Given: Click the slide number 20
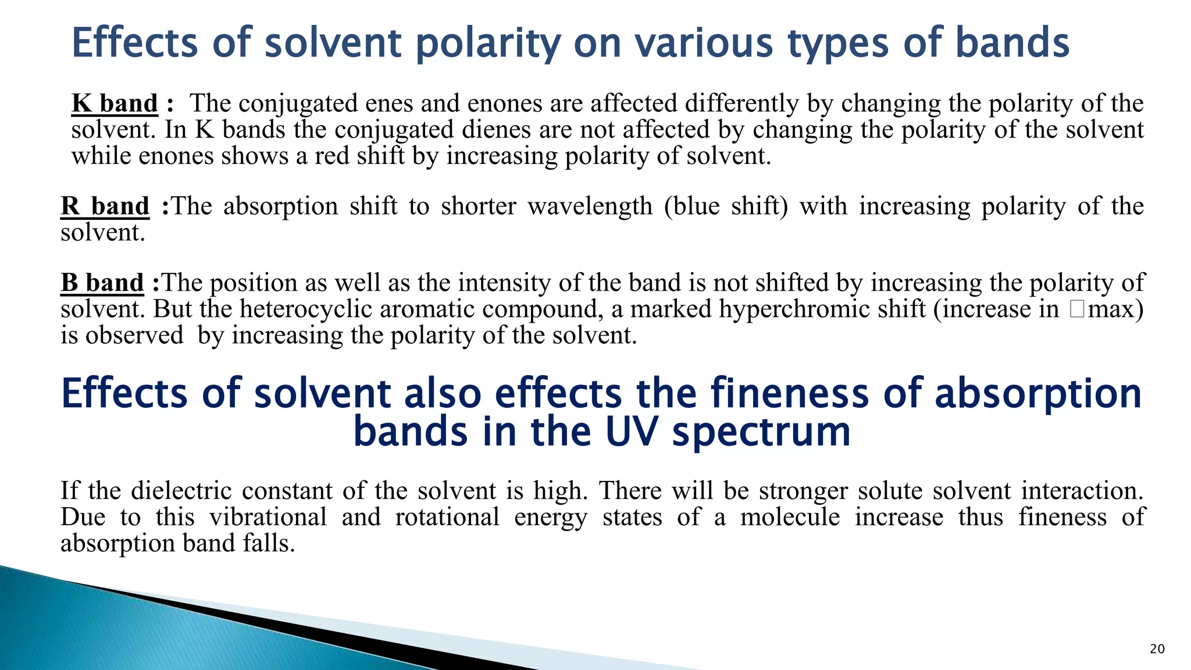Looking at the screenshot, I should [1157, 649].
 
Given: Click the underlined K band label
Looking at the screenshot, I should [115, 104].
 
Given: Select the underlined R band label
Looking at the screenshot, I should [105, 206].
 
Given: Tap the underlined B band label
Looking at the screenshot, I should [102, 283].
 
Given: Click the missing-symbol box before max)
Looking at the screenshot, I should [1076, 309].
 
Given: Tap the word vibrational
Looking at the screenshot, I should [268, 517].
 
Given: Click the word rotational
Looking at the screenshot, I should [447, 517].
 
